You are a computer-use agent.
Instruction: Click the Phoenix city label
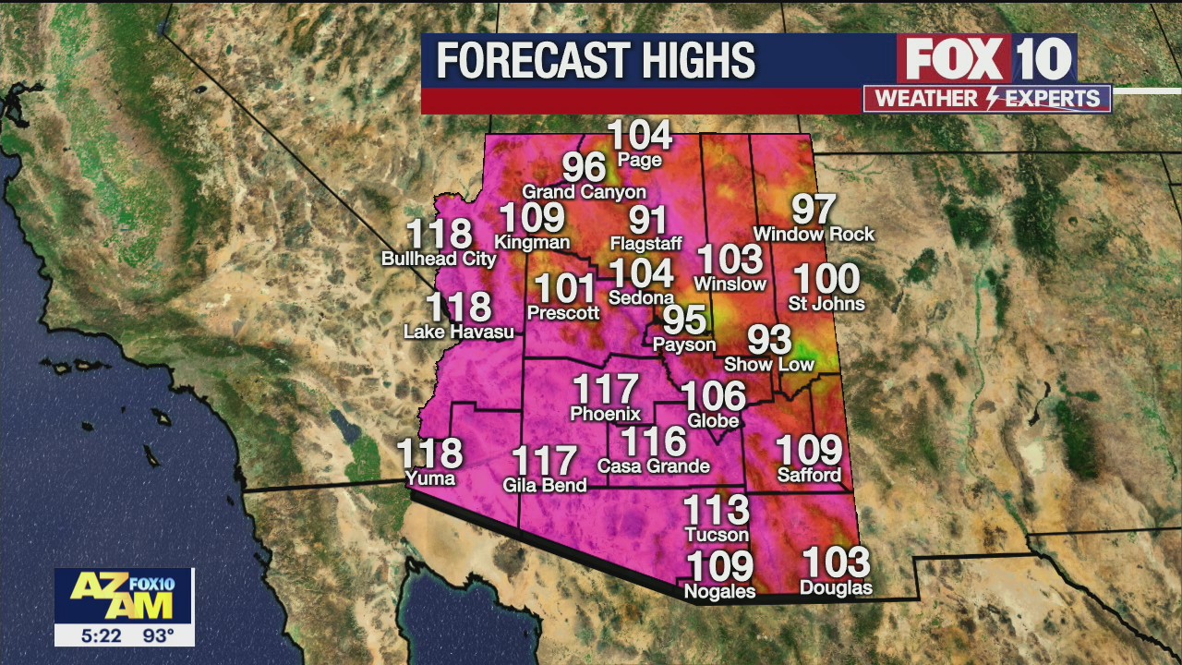[605, 413]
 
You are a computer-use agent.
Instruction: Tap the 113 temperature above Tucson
[716, 510]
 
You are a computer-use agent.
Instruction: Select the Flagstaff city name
[645, 244]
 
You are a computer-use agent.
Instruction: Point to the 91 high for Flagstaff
[648, 220]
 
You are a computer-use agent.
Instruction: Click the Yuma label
[430, 478]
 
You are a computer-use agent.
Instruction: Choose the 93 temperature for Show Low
[769, 340]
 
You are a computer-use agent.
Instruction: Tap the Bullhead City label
[439, 259]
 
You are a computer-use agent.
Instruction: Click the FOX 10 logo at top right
[987, 60]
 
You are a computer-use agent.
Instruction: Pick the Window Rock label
[814, 234]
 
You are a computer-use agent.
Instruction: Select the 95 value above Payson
[685, 320]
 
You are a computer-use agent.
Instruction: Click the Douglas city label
[836, 587]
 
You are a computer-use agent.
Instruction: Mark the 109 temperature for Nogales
[720, 566]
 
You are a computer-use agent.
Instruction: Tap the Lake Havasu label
[459, 331]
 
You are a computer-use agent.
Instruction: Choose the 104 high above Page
[640, 136]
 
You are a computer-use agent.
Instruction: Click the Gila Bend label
[545, 484]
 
